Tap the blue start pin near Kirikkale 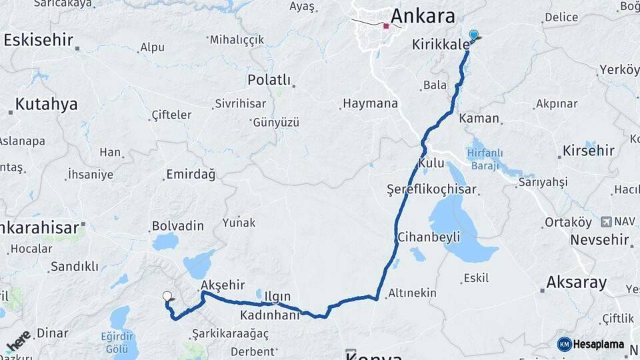[x=473, y=34]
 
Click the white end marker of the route [x=167, y=296]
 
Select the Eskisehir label [x=38, y=39]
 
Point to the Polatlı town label [x=269, y=80]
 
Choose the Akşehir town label [x=223, y=285]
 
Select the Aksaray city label [x=577, y=282]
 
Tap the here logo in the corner [x=17, y=341]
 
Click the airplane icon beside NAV [x=606, y=221]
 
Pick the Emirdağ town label [x=190, y=175]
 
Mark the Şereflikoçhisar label [x=432, y=190]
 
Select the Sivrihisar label [x=240, y=104]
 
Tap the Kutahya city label [x=46, y=104]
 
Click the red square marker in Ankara [x=386, y=27]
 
